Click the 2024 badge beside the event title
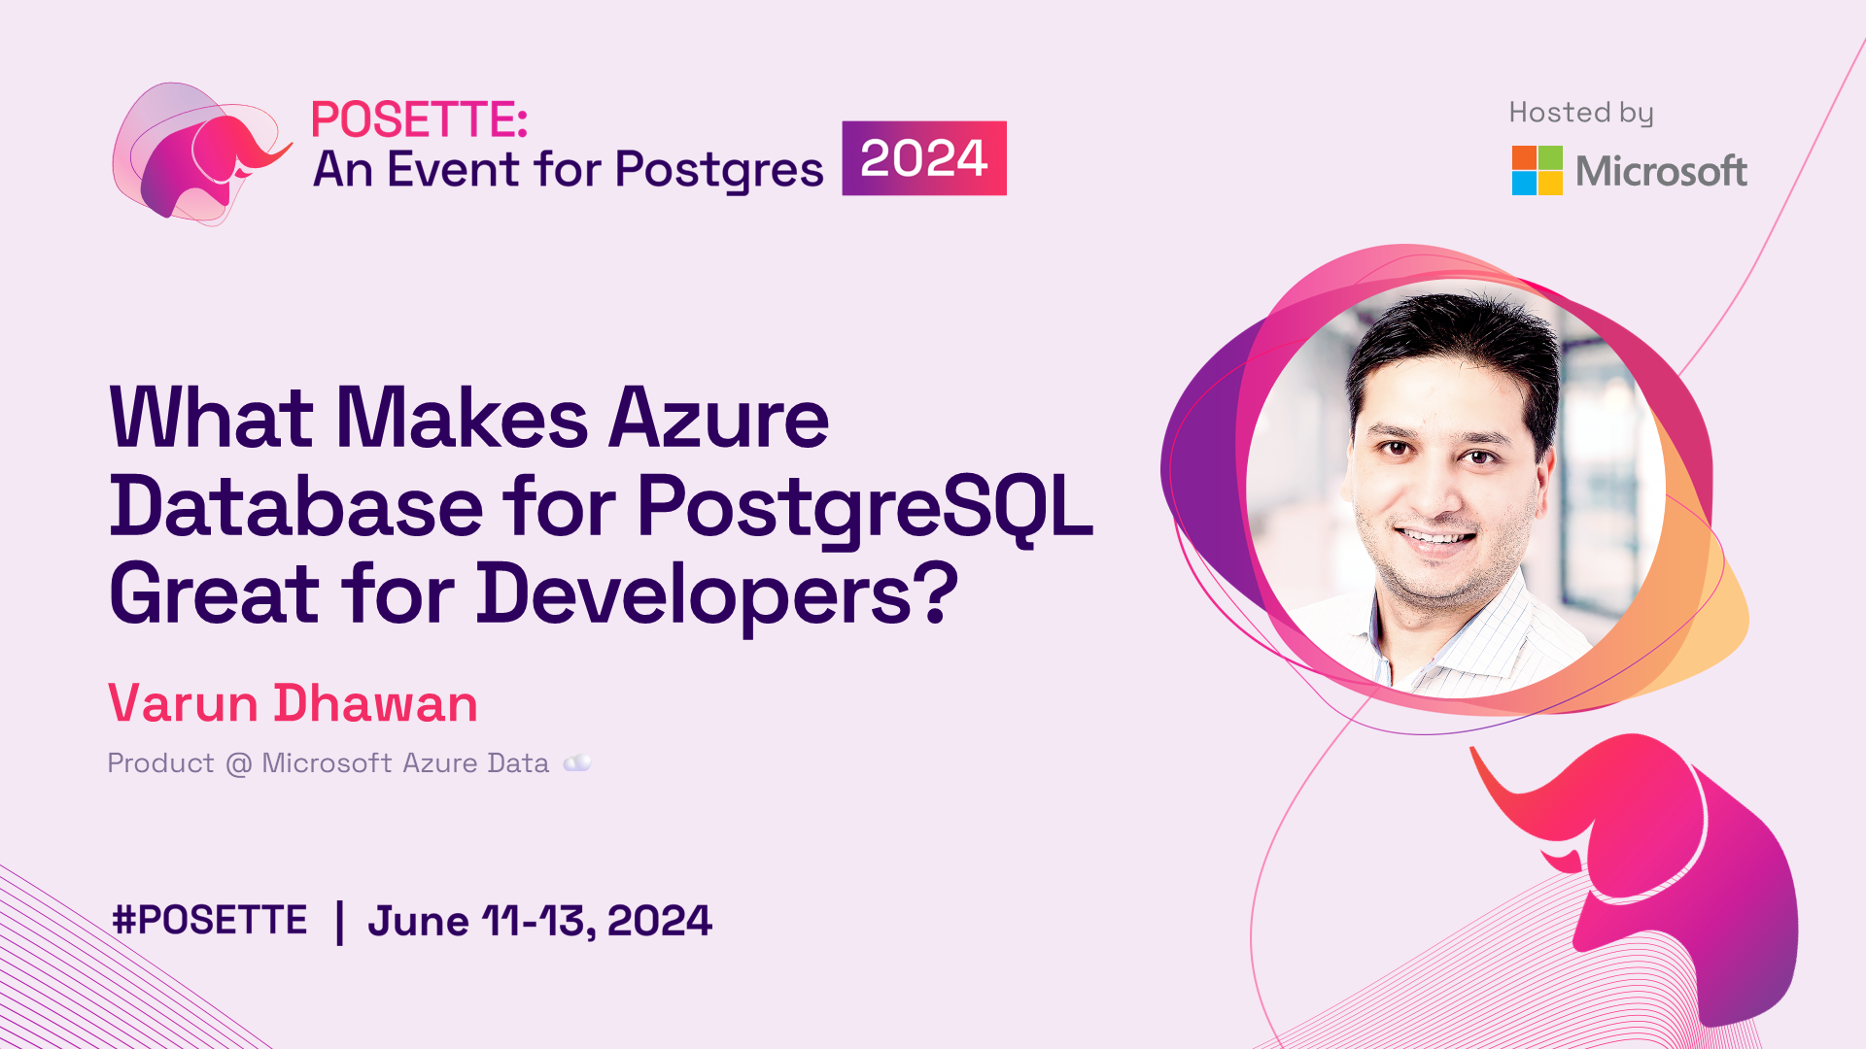[x=924, y=158]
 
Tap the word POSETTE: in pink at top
[x=419, y=120]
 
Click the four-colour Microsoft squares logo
[x=1537, y=171]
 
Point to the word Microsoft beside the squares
[x=1661, y=172]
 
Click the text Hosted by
[x=1581, y=114]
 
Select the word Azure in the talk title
[x=718, y=419]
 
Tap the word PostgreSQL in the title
[x=865, y=508]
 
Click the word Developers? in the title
[x=717, y=594]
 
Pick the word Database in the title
[x=296, y=506]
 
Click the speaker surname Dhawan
[x=375, y=703]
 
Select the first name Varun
[x=183, y=703]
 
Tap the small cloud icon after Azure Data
[x=577, y=762]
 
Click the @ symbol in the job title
[x=238, y=764]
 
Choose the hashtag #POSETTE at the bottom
[x=210, y=920]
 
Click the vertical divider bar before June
[x=339, y=923]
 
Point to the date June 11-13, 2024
[x=539, y=921]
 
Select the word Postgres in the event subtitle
[x=719, y=171]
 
